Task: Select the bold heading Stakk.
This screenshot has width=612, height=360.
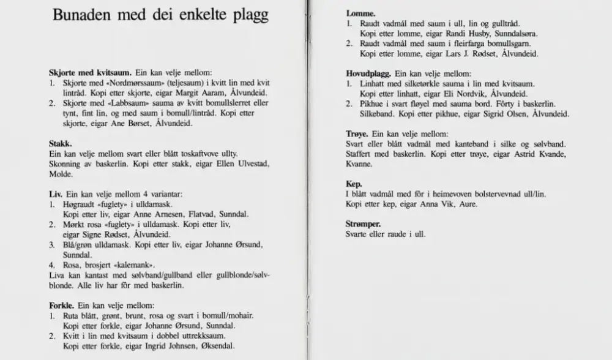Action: [61, 143]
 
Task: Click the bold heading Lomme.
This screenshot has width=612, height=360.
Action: [360, 13]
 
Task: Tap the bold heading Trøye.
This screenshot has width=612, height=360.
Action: [358, 133]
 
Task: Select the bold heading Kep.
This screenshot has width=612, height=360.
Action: [353, 183]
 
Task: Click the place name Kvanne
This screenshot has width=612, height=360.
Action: [360, 163]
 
